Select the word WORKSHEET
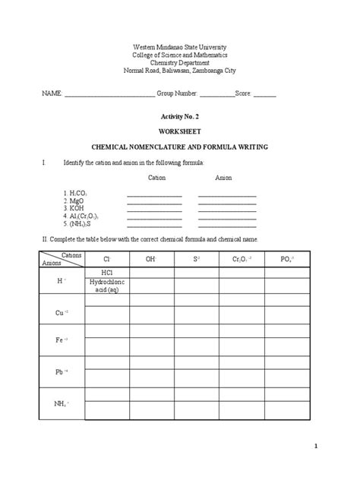(x=180, y=130)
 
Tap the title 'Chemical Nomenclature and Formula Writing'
(x=180, y=144)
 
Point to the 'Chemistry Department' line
(x=180, y=63)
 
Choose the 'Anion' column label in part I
(x=223, y=177)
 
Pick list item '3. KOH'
(x=74, y=209)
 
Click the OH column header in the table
(x=151, y=259)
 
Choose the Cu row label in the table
(x=62, y=313)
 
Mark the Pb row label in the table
(x=62, y=371)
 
